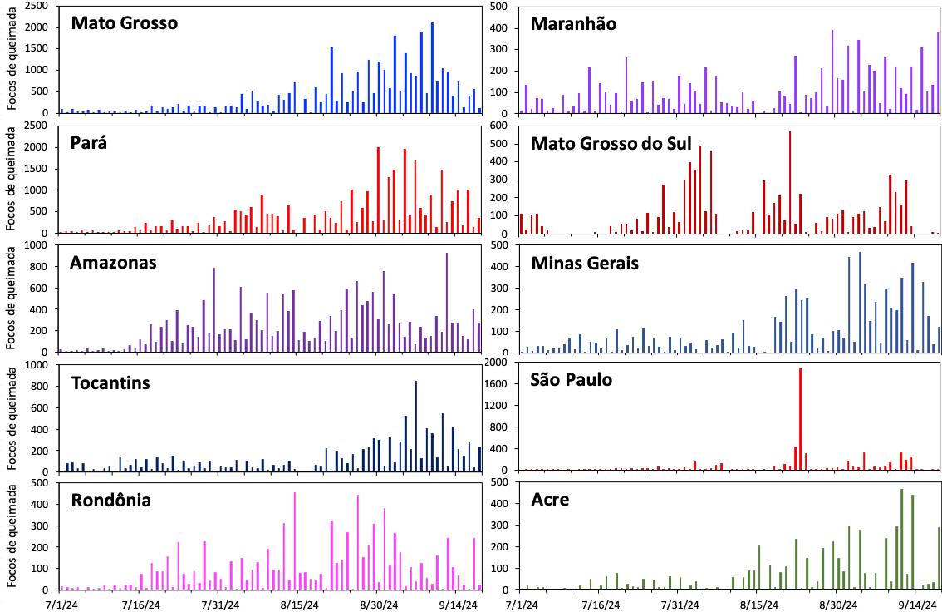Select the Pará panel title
coord(93,142)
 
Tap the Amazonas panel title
coord(113,263)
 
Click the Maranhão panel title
coord(573,23)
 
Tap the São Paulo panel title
coord(571,379)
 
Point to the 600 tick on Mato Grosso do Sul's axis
coord(504,126)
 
